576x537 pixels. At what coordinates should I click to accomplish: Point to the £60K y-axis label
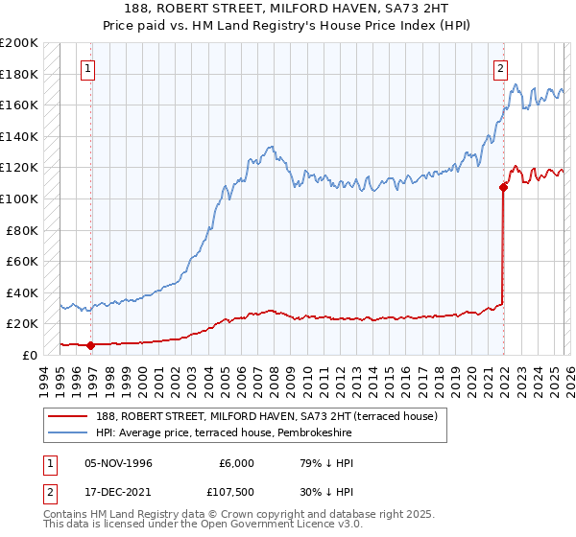[22, 261]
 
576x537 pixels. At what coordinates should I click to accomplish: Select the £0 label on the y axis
[29, 355]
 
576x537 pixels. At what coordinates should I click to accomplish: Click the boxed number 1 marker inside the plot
[88, 68]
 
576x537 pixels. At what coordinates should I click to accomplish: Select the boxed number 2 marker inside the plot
[501, 68]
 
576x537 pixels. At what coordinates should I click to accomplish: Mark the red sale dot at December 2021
[502, 187]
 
